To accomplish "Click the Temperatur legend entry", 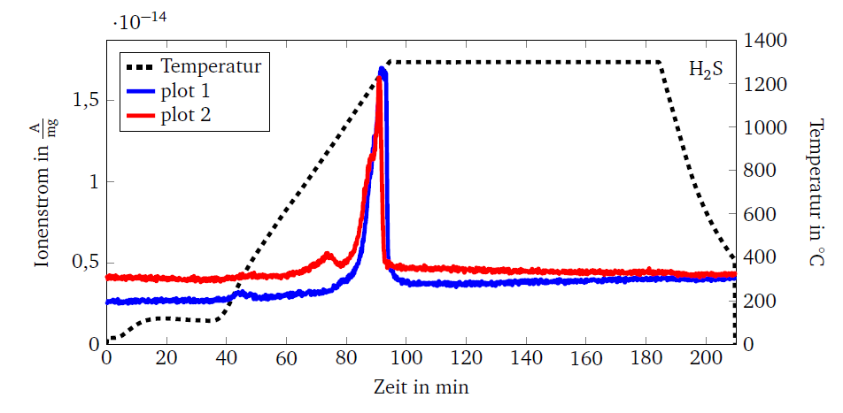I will coord(210,66).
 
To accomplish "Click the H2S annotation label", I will coord(706,70).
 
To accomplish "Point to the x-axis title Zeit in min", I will coord(421,387).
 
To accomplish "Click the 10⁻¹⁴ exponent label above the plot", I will coord(145,21).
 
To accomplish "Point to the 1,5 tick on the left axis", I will coord(85,101).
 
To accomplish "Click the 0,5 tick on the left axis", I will coord(85,263).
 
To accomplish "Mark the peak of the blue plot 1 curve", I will coord(382,69).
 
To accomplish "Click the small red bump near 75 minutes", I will coord(328,256).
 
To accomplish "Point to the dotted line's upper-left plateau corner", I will coord(390,62).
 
